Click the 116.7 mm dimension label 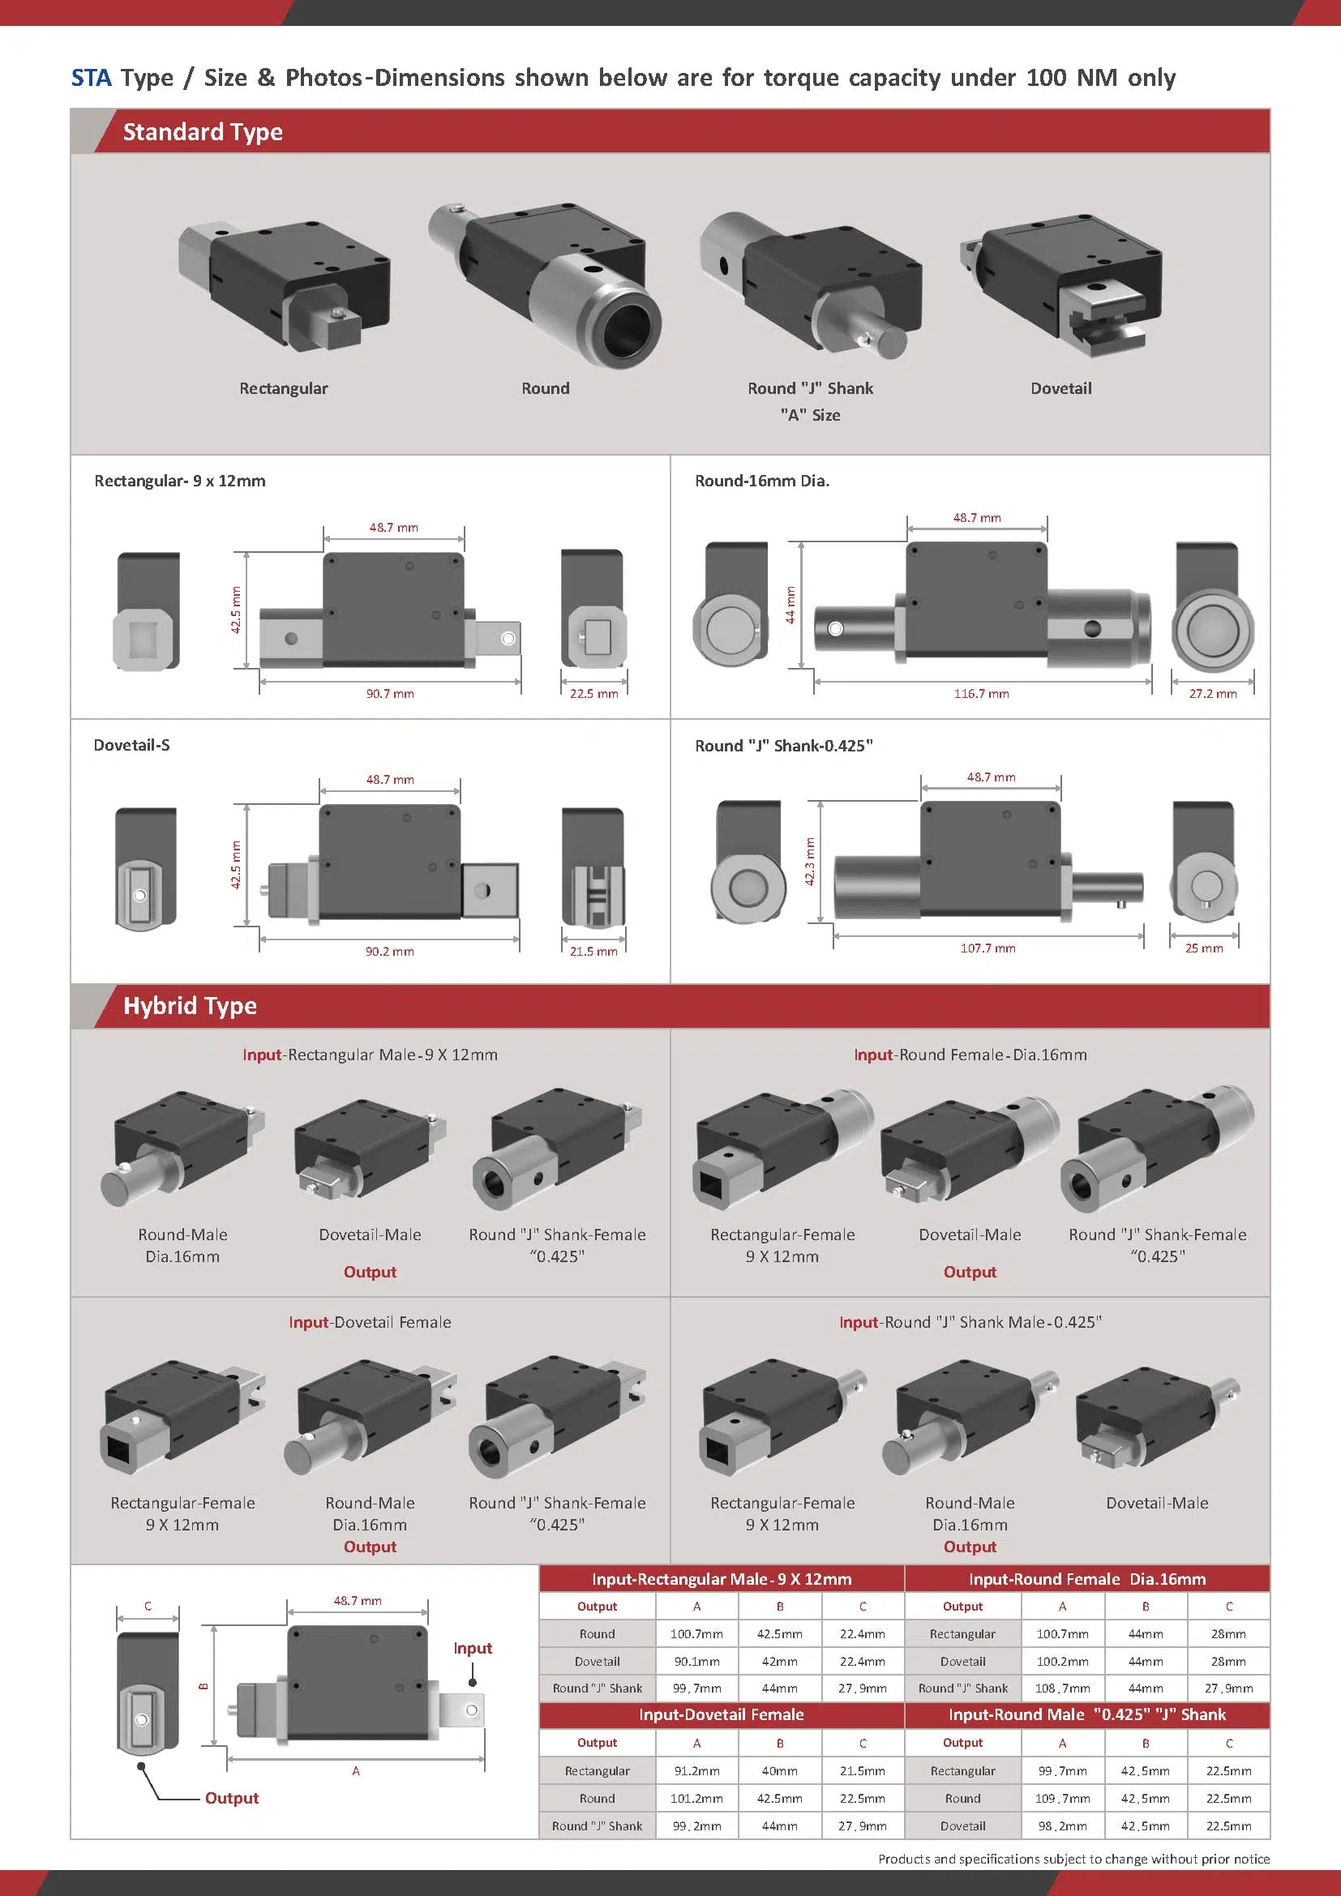pos(981,694)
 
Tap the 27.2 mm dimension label pos(1212,694)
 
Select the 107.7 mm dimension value pos(988,948)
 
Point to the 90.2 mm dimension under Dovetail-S pos(390,952)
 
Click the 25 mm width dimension pos(1204,948)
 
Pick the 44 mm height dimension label pos(790,605)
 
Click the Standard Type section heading pos(203,132)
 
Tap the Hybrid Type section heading pos(190,1006)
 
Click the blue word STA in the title pos(91,78)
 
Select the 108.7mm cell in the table pos(1062,1688)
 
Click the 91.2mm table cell pos(696,1770)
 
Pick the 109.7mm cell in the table pos(1062,1798)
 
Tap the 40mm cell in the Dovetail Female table pos(779,1770)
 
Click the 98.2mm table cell pos(1062,1825)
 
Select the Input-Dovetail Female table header pos(721,1714)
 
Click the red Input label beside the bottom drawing pos(473,1647)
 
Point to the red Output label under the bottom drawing pos(231,1798)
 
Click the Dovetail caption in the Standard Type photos pos(1060,388)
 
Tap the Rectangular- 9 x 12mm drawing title pos(180,481)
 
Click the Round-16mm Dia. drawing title pos(761,481)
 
